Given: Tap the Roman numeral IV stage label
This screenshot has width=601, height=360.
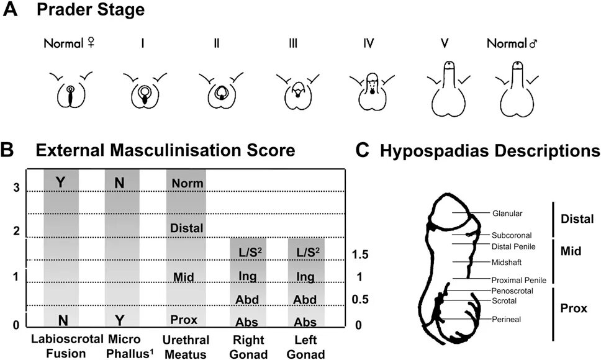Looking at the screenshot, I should pyautogui.click(x=369, y=45).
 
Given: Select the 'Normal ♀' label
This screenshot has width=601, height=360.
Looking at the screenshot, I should pyautogui.click(x=69, y=45).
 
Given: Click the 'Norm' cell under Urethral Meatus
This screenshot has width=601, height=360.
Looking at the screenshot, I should pyautogui.click(x=186, y=184).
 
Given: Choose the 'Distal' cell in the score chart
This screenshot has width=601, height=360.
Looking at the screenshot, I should pyautogui.click(x=186, y=228).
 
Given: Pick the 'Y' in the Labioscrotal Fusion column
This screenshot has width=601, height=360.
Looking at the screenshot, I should pyautogui.click(x=60, y=182).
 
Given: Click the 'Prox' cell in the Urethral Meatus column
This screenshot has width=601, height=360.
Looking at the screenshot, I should pyautogui.click(x=184, y=320).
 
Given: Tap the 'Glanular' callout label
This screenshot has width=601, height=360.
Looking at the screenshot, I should pyautogui.click(x=506, y=214).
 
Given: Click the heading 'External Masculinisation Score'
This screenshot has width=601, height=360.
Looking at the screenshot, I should pyautogui.click(x=165, y=150).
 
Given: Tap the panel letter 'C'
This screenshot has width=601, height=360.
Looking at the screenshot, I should pyautogui.click(x=365, y=150).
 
